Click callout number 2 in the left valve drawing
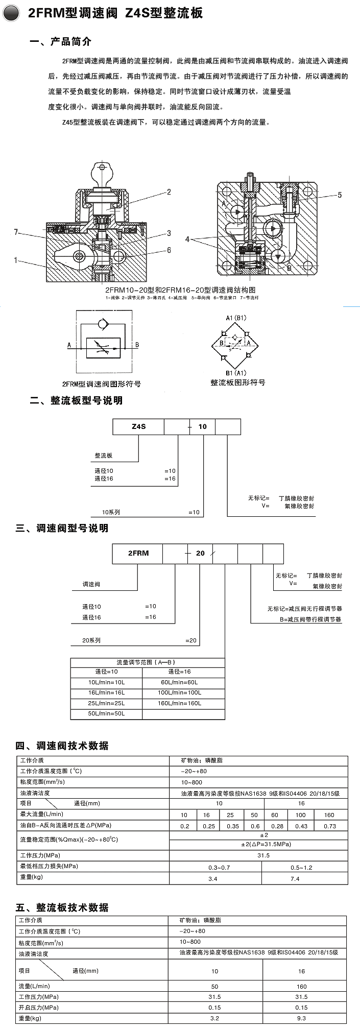tap(168, 192)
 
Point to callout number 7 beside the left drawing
tap(16, 232)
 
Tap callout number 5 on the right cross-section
tap(339, 195)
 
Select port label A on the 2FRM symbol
tap(69, 345)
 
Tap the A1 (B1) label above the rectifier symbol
tap(236, 318)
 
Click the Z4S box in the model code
tap(138, 426)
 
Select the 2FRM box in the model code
tap(138, 553)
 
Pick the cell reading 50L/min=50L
tap(106, 713)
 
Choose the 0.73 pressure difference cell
tap(330, 826)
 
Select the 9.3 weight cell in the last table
tap(301, 1018)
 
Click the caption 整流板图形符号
tap(237, 382)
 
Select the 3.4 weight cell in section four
tap(213, 879)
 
